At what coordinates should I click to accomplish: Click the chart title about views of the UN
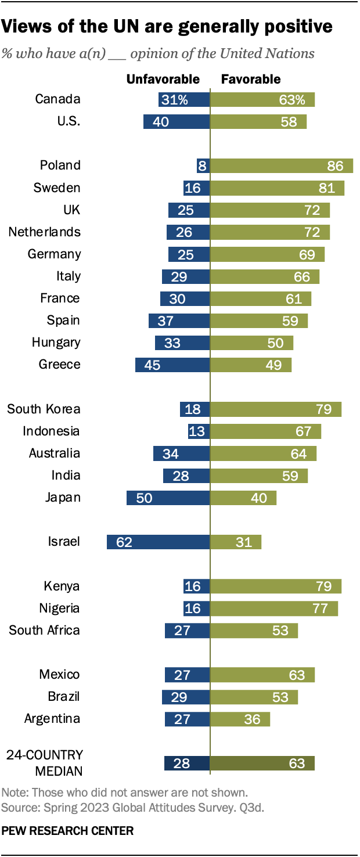tap(167, 26)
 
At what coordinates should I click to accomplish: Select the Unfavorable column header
tap(163, 79)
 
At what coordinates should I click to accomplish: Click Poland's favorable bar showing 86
tap(281, 165)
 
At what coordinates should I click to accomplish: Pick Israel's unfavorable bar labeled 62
tap(158, 542)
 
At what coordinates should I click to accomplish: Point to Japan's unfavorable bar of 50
tap(168, 498)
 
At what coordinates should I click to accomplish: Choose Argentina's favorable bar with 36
tap(240, 719)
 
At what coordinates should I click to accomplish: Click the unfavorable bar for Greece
tap(172, 365)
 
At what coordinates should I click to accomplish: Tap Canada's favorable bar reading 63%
tap(262, 99)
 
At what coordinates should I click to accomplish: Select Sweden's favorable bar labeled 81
tap(277, 188)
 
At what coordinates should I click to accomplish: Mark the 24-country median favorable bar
tap(262, 764)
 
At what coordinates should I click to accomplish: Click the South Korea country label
tap(44, 409)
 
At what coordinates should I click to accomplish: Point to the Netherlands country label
tap(45, 232)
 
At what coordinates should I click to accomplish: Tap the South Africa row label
tap(44, 630)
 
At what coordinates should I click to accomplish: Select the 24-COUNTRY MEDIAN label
tap(45, 763)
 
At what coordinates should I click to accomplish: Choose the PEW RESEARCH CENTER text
tap(67, 831)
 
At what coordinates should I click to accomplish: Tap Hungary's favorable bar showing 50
tap(251, 343)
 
